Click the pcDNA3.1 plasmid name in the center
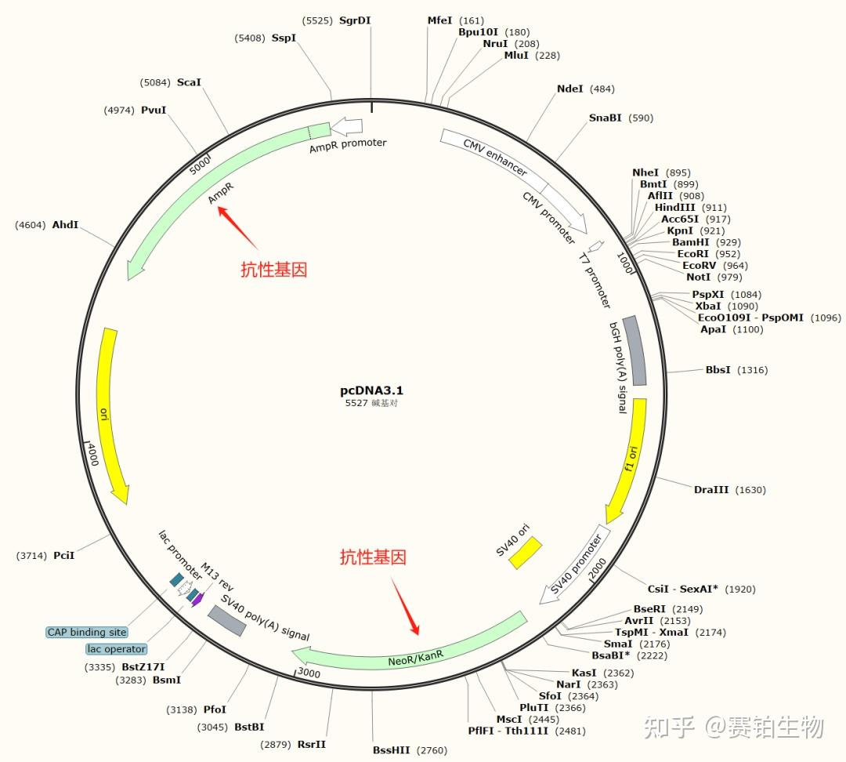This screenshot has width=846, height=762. click(371, 390)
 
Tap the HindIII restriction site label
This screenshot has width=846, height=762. click(679, 208)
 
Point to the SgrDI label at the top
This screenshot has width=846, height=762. click(355, 20)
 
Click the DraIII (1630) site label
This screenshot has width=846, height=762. click(711, 490)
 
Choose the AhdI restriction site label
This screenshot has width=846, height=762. click(65, 225)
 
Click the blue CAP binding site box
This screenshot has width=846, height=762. click(87, 632)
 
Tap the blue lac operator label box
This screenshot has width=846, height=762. click(116, 649)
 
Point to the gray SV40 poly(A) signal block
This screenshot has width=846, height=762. click(227, 621)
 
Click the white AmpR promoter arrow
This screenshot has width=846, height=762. click(347, 126)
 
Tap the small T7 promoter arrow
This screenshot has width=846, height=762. click(596, 246)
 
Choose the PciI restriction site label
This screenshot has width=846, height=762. click(63, 555)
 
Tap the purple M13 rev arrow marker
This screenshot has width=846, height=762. click(198, 600)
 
